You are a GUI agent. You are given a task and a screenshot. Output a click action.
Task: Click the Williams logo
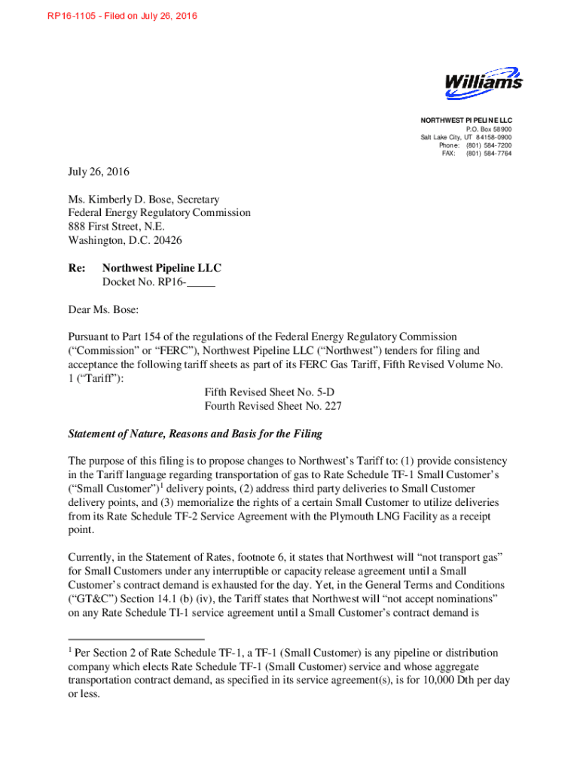(x=483, y=83)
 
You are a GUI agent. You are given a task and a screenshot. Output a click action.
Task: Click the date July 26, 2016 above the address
(x=99, y=172)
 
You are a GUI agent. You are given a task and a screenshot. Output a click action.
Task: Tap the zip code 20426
(x=166, y=241)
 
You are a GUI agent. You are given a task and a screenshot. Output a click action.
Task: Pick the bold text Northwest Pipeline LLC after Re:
(x=161, y=268)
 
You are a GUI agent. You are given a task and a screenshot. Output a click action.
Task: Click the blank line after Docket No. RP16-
(x=200, y=282)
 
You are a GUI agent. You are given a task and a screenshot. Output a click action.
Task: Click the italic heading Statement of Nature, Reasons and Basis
(x=195, y=434)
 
